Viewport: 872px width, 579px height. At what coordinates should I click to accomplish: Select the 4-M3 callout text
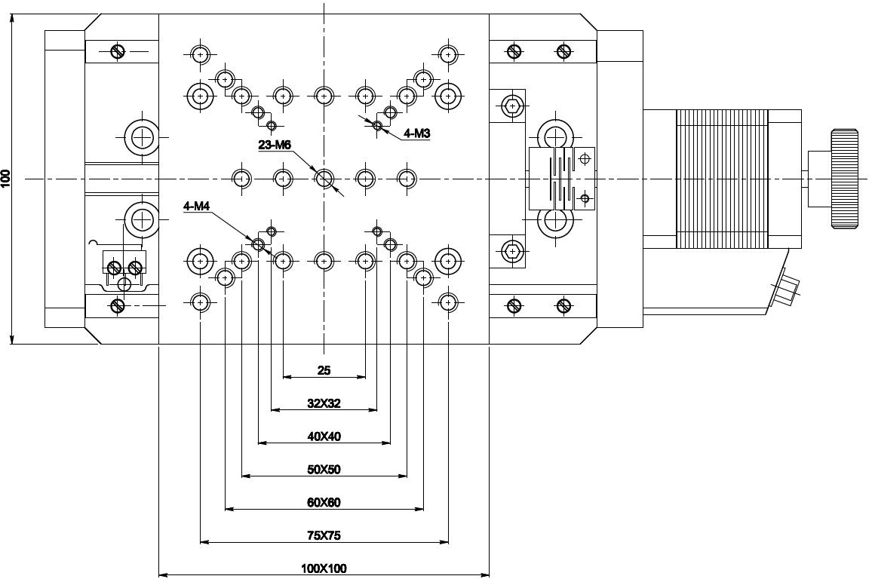pyautogui.click(x=416, y=133)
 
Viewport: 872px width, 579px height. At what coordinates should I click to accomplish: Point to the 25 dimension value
pyautogui.click(x=324, y=370)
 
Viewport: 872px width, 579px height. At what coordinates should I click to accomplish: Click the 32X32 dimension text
pyautogui.click(x=324, y=403)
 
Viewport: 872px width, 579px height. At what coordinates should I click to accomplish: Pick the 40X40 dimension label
pyautogui.click(x=324, y=437)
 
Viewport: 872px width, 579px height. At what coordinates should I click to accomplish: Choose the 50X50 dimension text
pyautogui.click(x=324, y=470)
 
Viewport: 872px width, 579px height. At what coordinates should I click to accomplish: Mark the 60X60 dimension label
pyautogui.click(x=324, y=502)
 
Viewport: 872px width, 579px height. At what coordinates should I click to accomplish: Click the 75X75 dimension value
pyautogui.click(x=324, y=535)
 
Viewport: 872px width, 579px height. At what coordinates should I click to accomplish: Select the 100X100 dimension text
pyautogui.click(x=324, y=568)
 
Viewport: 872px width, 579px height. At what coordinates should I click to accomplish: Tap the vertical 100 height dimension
pyautogui.click(x=6, y=179)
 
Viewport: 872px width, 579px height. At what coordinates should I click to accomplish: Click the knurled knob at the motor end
pyautogui.click(x=844, y=179)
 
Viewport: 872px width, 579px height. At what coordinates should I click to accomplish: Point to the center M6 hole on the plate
pyautogui.click(x=324, y=179)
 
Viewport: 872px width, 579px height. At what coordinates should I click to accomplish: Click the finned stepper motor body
pyautogui.click(x=722, y=179)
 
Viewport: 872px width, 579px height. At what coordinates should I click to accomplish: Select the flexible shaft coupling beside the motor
pyautogui.click(x=562, y=179)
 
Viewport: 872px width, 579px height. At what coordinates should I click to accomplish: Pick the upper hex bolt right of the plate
pyautogui.click(x=513, y=106)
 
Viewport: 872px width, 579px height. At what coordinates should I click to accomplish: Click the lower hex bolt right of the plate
pyautogui.click(x=513, y=250)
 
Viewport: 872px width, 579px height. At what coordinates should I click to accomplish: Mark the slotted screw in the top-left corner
pyautogui.click(x=117, y=51)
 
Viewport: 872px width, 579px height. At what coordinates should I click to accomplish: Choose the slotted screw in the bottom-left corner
pyautogui.click(x=117, y=305)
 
